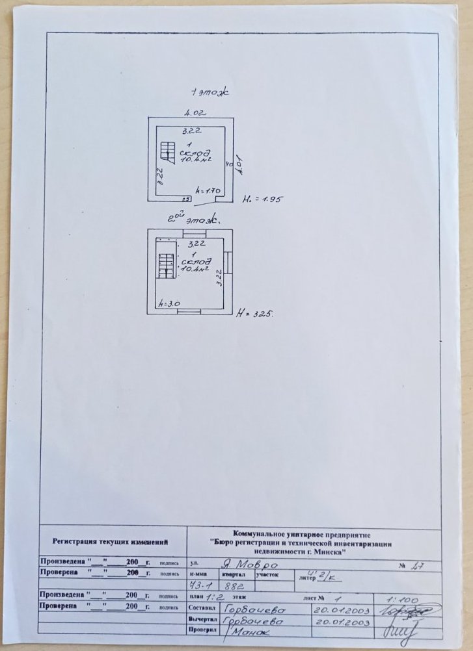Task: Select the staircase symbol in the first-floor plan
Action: coord(168,153)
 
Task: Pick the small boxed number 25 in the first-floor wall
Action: coord(185,199)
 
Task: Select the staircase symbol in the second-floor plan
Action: coord(165,264)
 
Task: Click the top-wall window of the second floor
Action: coord(193,233)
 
